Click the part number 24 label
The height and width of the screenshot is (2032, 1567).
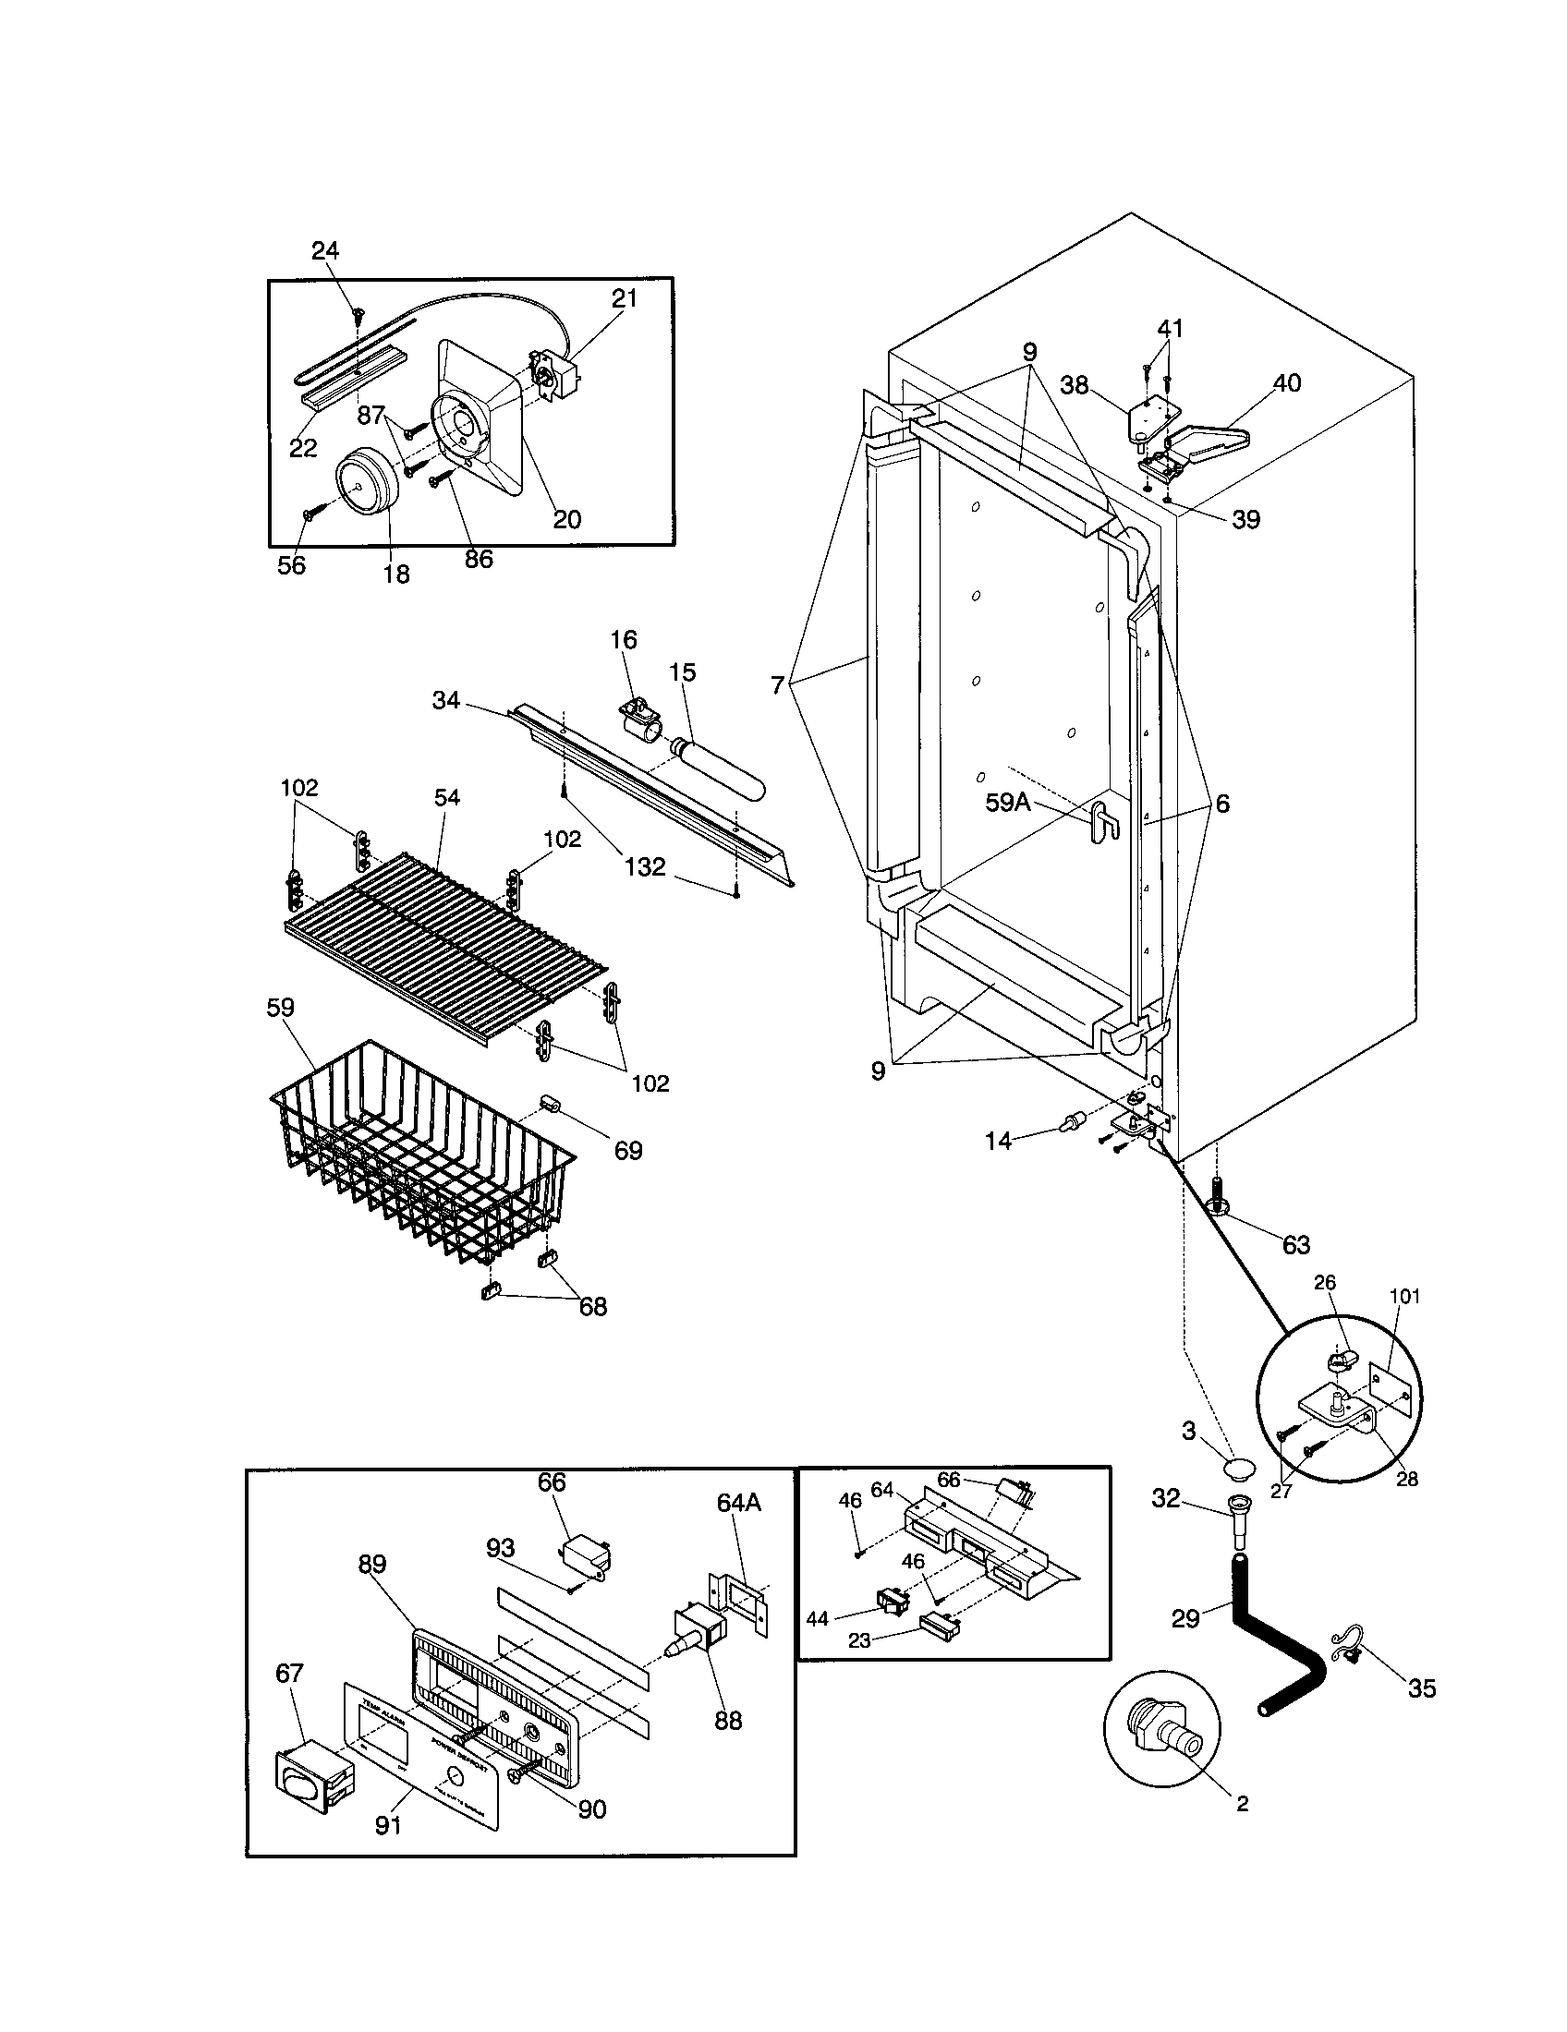pos(324,250)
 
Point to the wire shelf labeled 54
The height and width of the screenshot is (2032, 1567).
pos(446,939)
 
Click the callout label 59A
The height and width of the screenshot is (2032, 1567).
pos(1008,803)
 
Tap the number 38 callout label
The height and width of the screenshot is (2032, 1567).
pos(1074,385)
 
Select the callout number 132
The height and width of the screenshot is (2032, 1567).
pos(644,866)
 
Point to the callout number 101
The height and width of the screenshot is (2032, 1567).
pos(1404,1296)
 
